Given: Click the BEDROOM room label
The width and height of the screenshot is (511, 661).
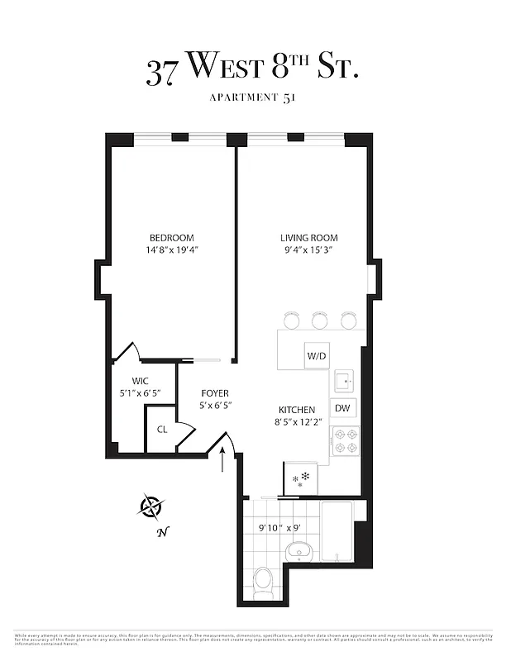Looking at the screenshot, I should pos(172,238).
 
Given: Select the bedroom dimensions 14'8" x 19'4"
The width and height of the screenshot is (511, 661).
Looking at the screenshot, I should pos(172,250).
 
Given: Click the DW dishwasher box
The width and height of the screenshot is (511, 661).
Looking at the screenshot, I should pos(342,408).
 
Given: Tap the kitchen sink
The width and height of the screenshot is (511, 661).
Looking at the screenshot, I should pos(344,381).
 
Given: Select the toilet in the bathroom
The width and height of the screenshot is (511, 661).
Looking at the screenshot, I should pos(264,581).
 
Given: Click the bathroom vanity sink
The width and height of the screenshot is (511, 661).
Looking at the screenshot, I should pos(297,551).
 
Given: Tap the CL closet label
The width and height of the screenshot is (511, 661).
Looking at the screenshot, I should pos(162,430).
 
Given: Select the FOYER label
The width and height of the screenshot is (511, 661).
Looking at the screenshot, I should pos(214,393).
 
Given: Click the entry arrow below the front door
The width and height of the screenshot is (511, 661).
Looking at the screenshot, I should pos(223,462).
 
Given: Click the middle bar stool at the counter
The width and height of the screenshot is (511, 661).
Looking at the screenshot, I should pos(320,320).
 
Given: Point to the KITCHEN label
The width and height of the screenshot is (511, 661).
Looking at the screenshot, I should pos(296,410).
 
